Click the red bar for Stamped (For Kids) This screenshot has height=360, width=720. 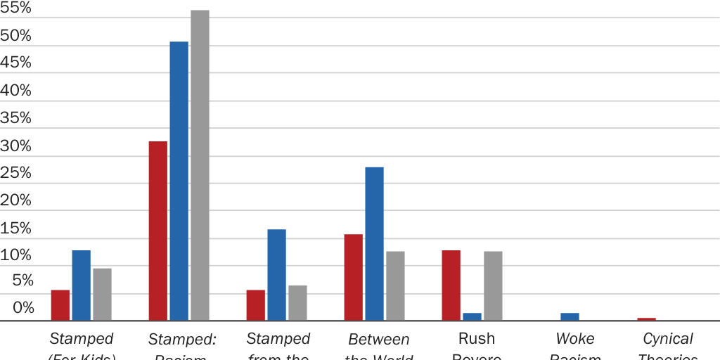click(60, 305)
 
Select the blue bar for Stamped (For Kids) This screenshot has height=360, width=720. click(81, 285)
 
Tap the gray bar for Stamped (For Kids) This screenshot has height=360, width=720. click(102, 295)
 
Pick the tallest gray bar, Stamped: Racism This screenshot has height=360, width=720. click(200, 165)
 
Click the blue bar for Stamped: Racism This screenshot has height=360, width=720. click(179, 181)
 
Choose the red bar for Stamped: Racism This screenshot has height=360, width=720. click(158, 231)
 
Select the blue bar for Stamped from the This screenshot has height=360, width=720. click(276, 275)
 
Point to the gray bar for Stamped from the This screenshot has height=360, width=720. click(297, 303)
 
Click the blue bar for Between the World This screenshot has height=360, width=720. click(374, 244)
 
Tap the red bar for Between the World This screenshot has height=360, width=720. click(353, 278)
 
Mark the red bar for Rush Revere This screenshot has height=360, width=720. click(451, 285)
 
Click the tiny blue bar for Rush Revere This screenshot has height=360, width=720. click(472, 317)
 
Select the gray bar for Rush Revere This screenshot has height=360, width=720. click(493, 286)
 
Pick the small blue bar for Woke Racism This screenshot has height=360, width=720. click(570, 317)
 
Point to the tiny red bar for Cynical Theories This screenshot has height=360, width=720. click(646, 319)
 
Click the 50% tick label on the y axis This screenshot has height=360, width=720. click(16, 36)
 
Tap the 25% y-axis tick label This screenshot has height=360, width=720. click(16, 173)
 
